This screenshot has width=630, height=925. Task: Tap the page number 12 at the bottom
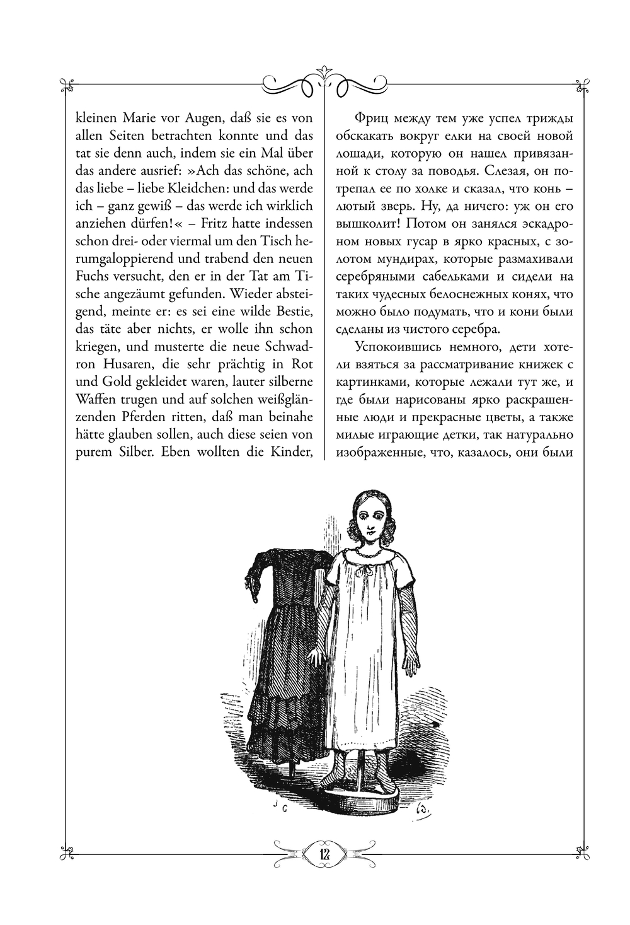pyautogui.click(x=324, y=853)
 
